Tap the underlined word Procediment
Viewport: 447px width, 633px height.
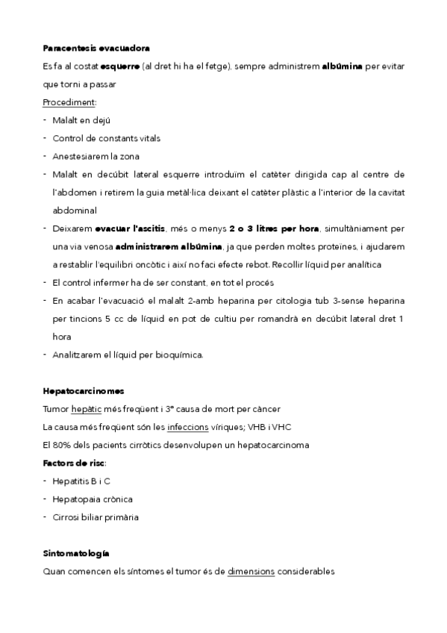coord(69,102)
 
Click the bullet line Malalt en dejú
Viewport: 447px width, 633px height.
coord(82,120)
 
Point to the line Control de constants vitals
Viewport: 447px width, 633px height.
coord(106,138)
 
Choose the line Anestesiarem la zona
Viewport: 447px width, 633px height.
coord(96,156)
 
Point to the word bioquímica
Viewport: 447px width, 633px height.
coord(177,355)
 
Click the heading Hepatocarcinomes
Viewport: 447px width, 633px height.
coord(84,390)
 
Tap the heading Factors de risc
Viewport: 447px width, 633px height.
coord(75,463)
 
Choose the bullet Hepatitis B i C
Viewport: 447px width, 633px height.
coord(87,481)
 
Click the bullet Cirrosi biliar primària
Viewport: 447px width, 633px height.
coord(96,517)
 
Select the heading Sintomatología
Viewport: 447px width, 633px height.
coord(76,553)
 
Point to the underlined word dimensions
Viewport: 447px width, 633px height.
coord(251,572)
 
